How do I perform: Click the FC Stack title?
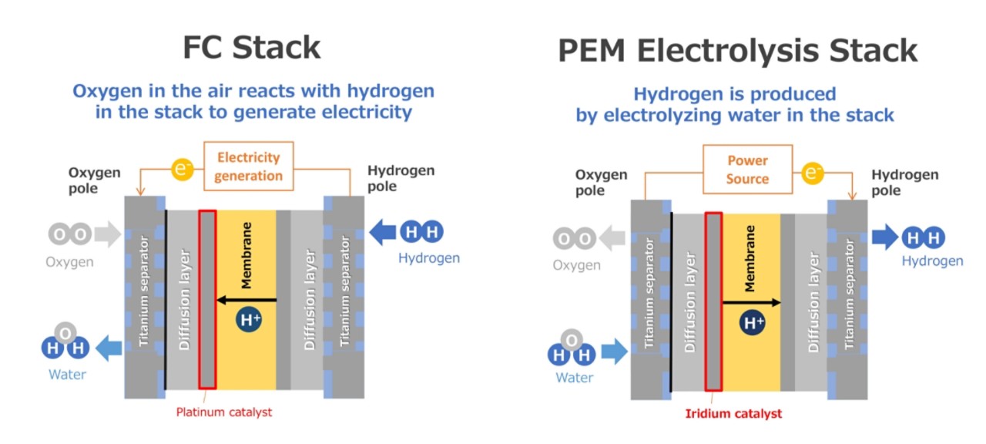251,48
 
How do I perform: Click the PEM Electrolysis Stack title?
738,51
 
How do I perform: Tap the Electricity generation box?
249,166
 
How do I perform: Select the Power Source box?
747,170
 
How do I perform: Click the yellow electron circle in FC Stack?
182,168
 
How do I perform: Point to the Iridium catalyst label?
733,413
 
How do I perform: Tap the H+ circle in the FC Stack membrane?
250,320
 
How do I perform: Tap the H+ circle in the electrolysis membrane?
753,322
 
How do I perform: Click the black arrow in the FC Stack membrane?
246,299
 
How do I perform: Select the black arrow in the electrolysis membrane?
752,303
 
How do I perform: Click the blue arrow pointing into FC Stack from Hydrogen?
386,231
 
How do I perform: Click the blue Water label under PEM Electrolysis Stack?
575,378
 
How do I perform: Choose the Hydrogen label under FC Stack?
428,258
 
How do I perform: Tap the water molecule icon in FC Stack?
65,345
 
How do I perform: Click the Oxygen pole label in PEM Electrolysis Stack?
601,183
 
